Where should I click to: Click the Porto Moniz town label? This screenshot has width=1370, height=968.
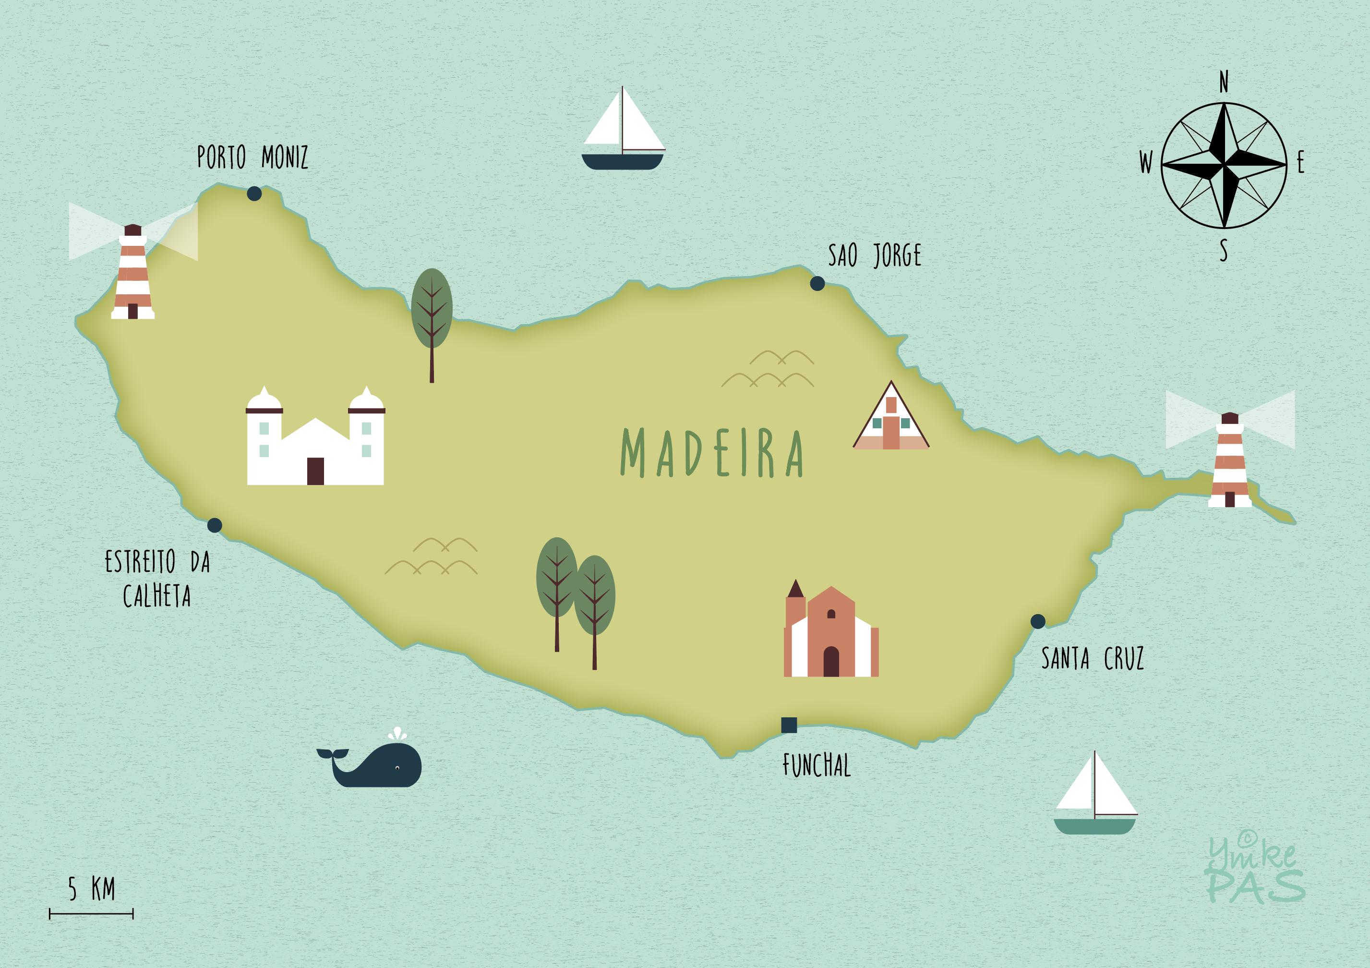252,157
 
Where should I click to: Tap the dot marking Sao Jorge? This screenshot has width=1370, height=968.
817,283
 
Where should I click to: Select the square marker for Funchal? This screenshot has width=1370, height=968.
789,725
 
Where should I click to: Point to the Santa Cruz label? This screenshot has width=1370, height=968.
1092,659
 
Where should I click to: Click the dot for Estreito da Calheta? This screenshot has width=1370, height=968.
214,525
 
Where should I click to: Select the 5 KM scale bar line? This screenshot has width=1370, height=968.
91,914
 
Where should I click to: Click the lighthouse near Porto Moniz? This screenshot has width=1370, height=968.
133,273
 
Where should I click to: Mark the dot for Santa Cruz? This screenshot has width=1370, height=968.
1038,621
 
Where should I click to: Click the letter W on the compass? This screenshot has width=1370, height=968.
1146,162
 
